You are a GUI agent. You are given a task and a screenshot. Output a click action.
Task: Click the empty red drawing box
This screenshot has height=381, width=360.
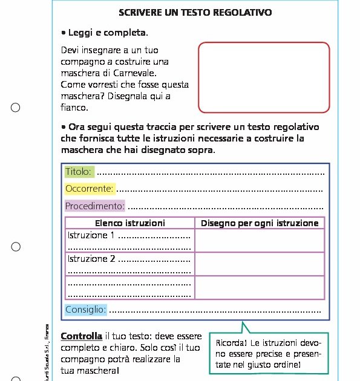[264, 77]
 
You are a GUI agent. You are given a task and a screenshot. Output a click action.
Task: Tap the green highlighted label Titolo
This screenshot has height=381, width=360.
[79, 171]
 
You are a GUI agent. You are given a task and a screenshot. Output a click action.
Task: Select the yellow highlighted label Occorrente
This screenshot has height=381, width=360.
[90, 189]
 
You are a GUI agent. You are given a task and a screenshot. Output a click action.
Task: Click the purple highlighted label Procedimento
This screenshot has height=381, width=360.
[94, 206]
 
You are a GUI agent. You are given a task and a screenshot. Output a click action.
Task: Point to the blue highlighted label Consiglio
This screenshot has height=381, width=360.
[86, 310]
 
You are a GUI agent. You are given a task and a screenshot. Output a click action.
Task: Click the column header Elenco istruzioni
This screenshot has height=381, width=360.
[129, 223]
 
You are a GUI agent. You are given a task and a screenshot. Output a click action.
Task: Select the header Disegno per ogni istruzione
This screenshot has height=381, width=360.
[260, 223]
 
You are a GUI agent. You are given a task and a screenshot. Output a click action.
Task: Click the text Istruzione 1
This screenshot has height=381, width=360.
[91, 235]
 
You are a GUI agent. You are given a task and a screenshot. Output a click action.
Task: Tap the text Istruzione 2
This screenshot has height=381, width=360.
[91, 259]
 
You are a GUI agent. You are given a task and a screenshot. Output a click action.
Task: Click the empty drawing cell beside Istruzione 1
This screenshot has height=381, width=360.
[260, 241]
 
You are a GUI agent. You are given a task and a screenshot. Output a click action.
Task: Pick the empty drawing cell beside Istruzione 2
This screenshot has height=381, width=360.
[260, 264]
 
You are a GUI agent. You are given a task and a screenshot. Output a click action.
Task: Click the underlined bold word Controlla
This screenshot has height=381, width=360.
[82, 336]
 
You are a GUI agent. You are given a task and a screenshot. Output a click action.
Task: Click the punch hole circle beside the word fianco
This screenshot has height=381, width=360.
[16, 108]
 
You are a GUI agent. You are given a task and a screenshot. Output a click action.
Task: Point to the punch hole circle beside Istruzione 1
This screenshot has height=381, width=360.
[16, 247]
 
